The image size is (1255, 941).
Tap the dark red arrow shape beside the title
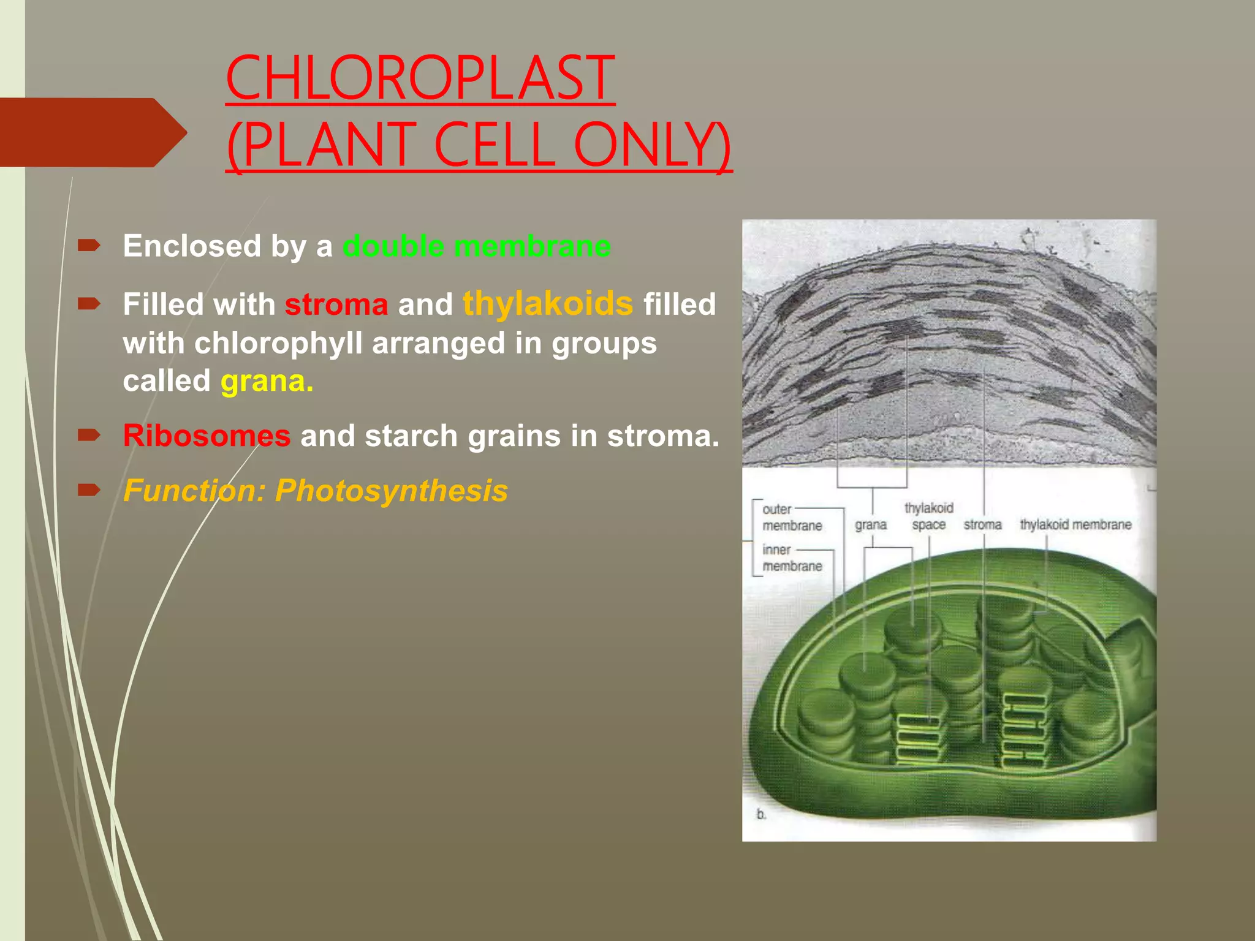[x=92, y=132]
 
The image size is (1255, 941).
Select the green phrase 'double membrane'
[x=477, y=246]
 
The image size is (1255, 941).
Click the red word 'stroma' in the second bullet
[x=336, y=304]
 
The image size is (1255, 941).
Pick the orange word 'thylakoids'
[x=547, y=303]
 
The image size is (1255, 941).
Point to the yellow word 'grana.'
[x=267, y=381]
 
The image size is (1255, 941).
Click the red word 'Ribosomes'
[x=207, y=436]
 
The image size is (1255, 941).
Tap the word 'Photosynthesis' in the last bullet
[x=391, y=491]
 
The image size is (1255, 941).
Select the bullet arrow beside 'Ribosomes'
[x=89, y=436]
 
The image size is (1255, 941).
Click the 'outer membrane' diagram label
[x=791, y=518]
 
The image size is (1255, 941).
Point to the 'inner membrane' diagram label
[x=791, y=557]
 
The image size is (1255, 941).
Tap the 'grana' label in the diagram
[x=870, y=525]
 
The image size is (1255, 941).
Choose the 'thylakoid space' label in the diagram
[x=928, y=516]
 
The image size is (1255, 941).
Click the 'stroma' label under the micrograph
[x=982, y=525]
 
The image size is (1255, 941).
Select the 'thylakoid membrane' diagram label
[x=1075, y=524]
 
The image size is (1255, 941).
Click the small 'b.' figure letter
[x=761, y=814]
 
